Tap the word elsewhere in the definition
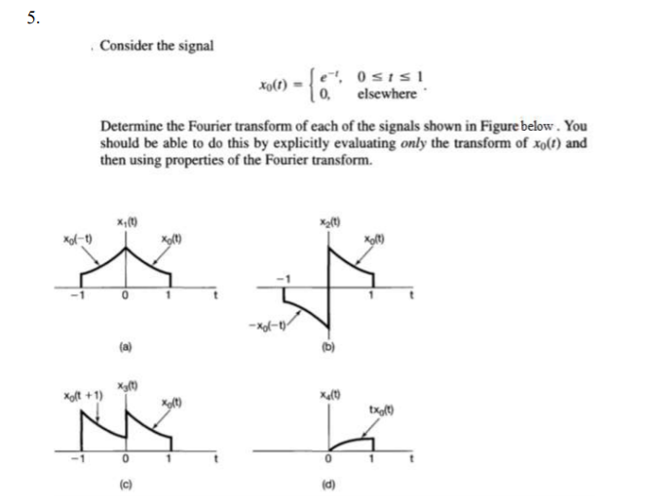tap(387, 94)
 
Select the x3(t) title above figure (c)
tap(127, 388)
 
